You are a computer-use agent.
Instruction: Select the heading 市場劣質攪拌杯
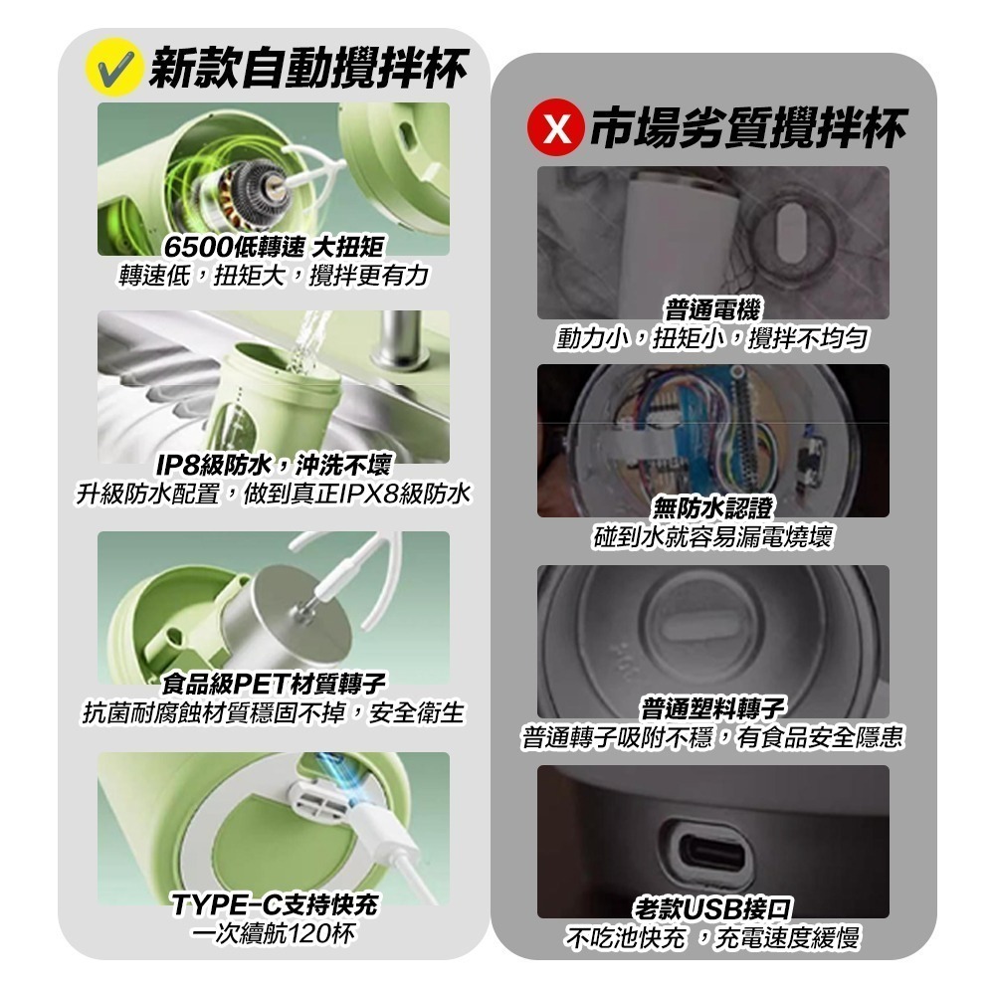747,128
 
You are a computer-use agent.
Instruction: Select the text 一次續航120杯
274,933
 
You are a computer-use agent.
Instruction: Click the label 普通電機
712,310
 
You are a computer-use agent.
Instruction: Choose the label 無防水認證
712,509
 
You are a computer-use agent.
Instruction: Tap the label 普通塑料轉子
712,708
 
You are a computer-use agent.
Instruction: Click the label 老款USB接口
712,907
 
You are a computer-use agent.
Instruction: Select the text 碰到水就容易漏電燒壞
712,537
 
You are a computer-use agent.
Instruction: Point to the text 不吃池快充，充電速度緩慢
712,937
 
